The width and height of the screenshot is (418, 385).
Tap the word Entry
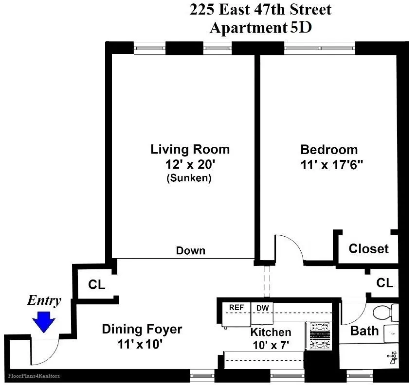(44, 301)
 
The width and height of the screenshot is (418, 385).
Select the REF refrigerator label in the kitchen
(236, 308)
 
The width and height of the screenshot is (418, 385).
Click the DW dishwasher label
(262, 308)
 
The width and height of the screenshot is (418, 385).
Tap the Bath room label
(364, 331)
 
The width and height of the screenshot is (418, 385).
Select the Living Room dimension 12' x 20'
(190, 164)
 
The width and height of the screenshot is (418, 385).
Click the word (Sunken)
(189, 178)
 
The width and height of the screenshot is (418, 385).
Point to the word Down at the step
(190, 251)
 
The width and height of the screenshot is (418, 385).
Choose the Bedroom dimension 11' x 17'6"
(329, 165)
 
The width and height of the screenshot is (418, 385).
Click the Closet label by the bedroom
(369, 249)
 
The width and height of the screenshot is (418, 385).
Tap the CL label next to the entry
(96, 285)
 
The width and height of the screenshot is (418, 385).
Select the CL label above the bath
(384, 282)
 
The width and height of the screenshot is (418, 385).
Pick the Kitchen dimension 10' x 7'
(271, 346)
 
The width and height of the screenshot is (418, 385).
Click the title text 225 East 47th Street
(260, 10)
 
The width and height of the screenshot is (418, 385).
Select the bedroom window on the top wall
(320, 48)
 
